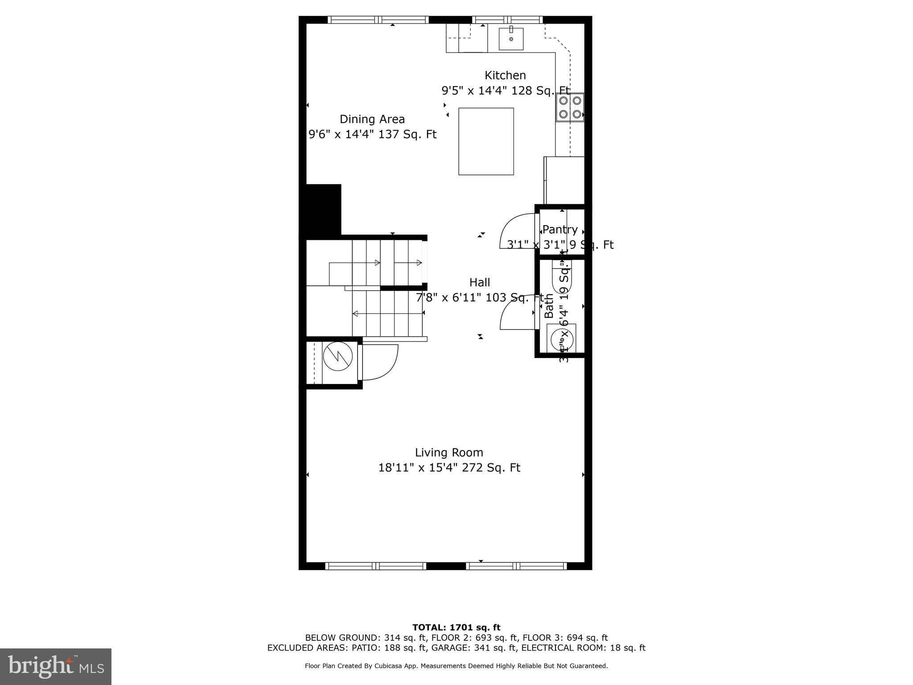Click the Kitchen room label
pyautogui.click(x=505, y=75)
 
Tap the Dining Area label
pyautogui.click(x=372, y=119)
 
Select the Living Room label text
pyautogui.click(x=449, y=452)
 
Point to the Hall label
pyautogui.click(x=480, y=282)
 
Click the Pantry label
pyautogui.click(x=560, y=229)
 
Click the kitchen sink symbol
pyautogui.click(x=511, y=37)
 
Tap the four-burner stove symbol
pyautogui.click(x=570, y=107)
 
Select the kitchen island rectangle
pyautogui.click(x=486, y=141)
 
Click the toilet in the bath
pyautogui.click(x=560, y=276)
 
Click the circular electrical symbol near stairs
pyautogui.click(x=338, y=356)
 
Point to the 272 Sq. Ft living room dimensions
pyautogui.click(x=449, y=468)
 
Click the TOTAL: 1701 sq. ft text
pyautogui.click(x=456, y=627)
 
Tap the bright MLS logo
pyautogui.click(x=56, y=666)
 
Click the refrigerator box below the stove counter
pyautogui.click(x=564, y=180)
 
